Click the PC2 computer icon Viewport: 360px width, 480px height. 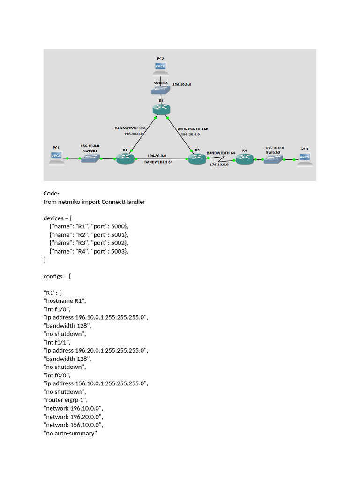pyautogui.click(x=160, y=68)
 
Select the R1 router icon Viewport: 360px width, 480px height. pyautogui.click(x=161, y=110)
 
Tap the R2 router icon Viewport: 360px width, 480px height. pyautogui.click(x=126, y=158)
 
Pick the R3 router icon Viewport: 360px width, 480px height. pyautogui.click(x=197, y=158)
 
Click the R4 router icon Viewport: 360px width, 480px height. pyautogui.click(x=245, y=159)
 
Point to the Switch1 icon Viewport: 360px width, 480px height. pyautogui.click(x=90, y=158)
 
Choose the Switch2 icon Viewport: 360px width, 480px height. pyautogui.click(x=273, y=159)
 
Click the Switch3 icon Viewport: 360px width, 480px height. pyautogui.click(x=161, y=90)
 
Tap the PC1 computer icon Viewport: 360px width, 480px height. pyautogui.click(x=56, y=158)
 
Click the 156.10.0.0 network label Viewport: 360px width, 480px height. pyautogui.click(x=182, y=84)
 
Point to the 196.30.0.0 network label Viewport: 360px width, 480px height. pyautogui.click(x=157, y=156)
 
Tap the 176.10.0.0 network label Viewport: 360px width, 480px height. pyautogui.click(x=219, y=165)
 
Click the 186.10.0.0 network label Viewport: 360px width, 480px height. pyautogui.click(x=274, y=148)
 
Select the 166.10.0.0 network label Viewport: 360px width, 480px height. pyautogui.click(x=90, y=146)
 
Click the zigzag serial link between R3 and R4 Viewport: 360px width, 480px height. pyautogui.click(x=222, y=159)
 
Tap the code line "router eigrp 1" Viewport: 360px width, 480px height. pyautogui.click(x=66, y=400)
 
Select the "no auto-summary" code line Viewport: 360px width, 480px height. pyautogui.click(x=70, y=433)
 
